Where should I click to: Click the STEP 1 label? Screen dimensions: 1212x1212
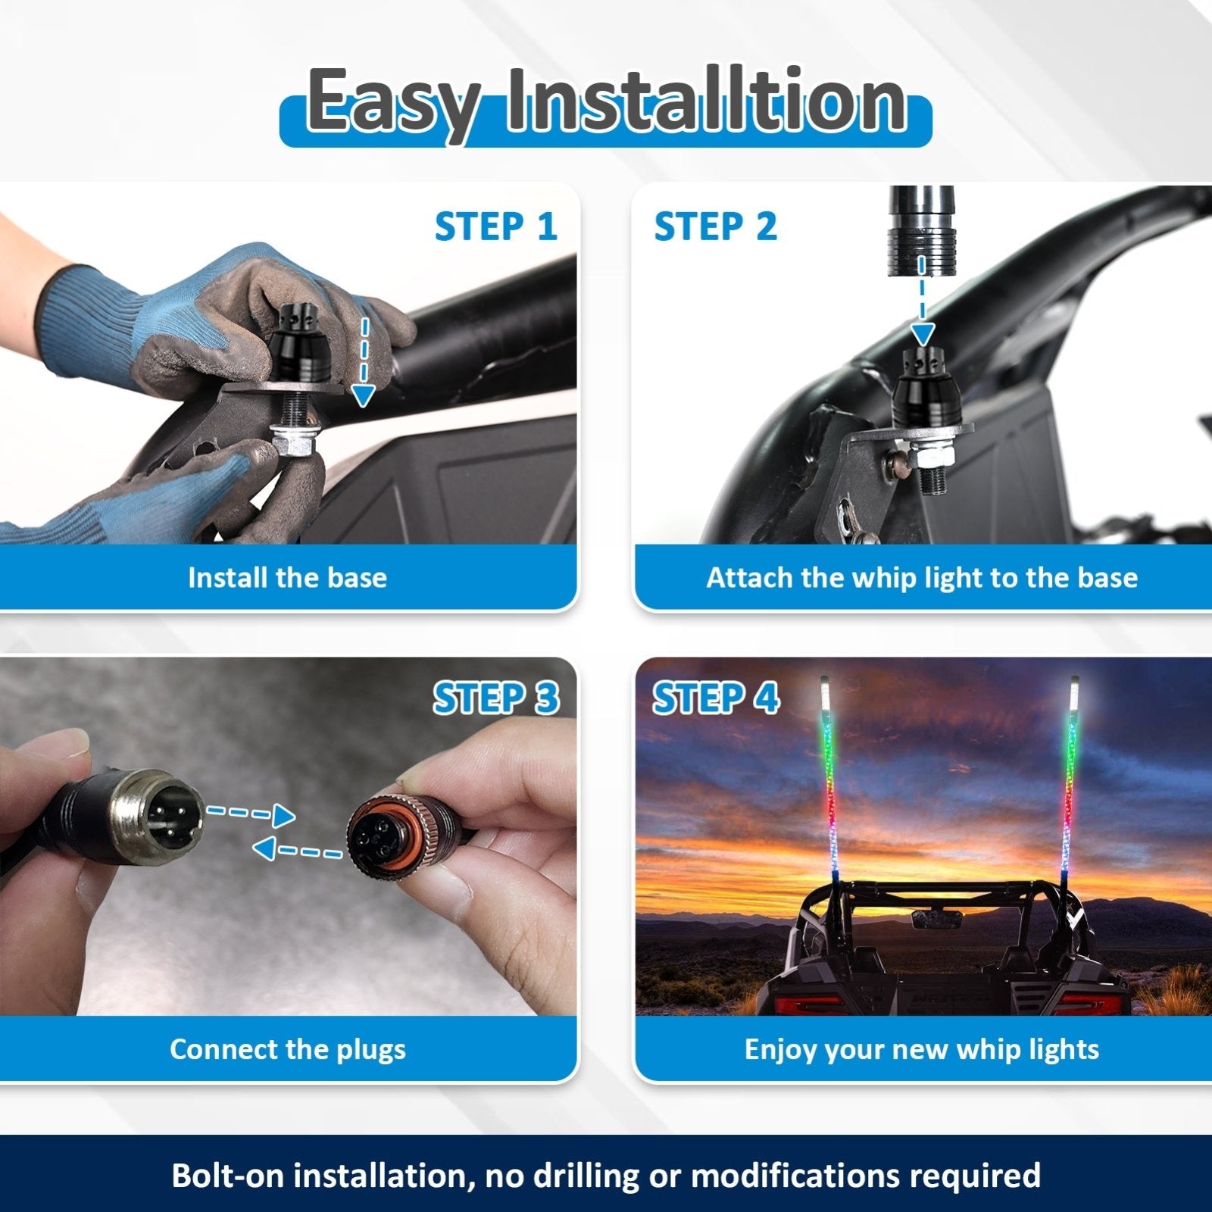coord(495,226)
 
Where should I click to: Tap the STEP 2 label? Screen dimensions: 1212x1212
coord(715,226)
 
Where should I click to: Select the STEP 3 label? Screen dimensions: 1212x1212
coord(495,698)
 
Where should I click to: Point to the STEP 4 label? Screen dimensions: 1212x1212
coord(715,698)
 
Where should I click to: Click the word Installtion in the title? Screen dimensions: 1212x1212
coord(706,101)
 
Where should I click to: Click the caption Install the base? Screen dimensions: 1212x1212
coord(287,578)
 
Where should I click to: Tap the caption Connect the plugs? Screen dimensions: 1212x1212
coord(287,1049)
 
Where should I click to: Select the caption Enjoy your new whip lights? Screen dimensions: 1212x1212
coord(921,1049)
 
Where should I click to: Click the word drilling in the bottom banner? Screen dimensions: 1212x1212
coord(576,1175)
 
